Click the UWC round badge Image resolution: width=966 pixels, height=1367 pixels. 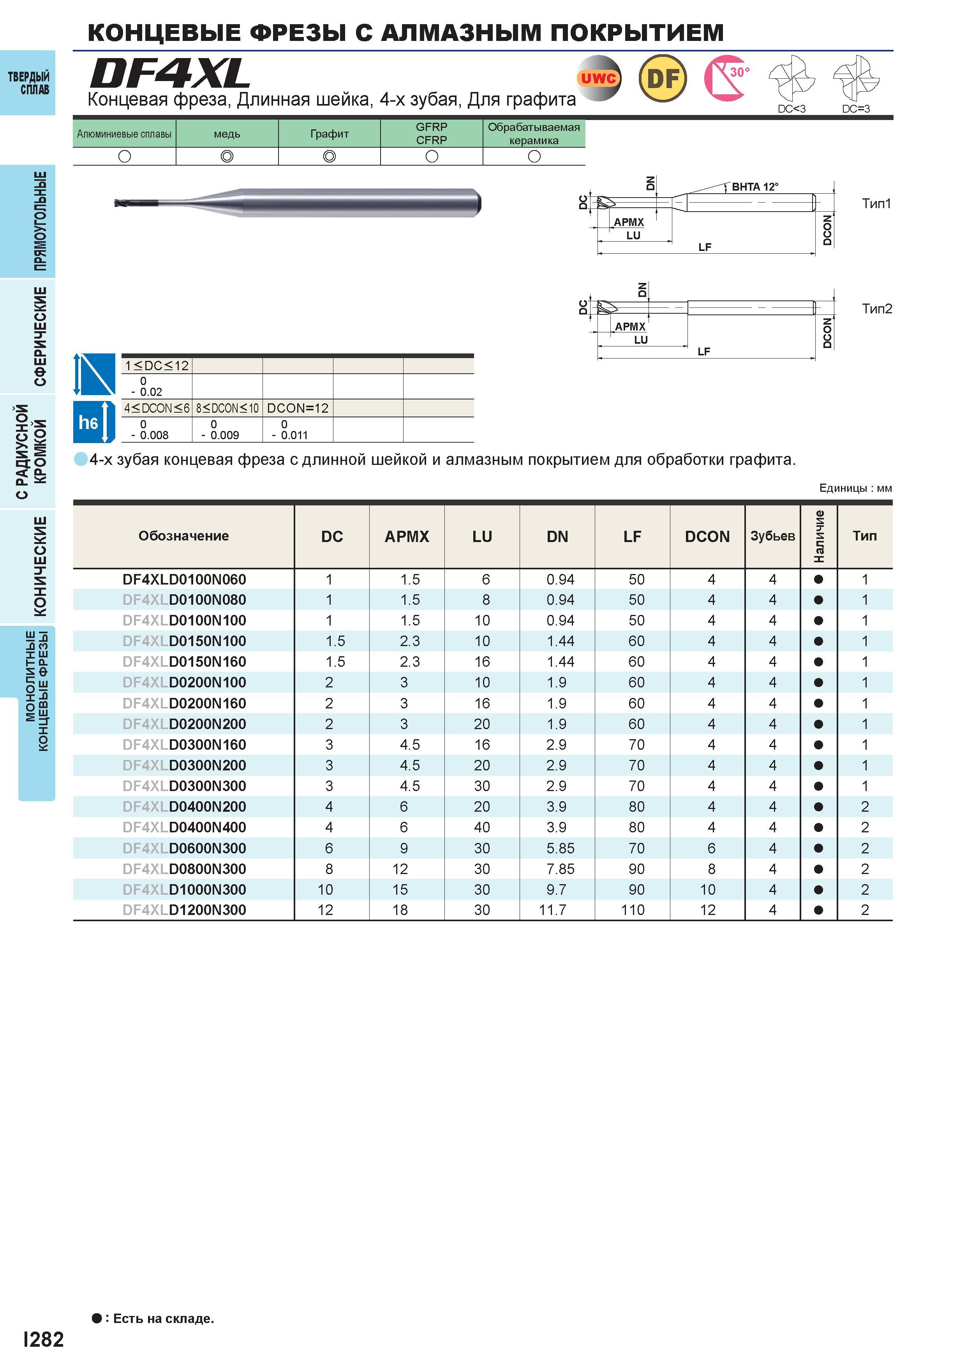point(599,78)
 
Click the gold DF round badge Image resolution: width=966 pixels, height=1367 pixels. point(663,78)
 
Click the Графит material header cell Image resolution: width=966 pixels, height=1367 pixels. point(329,133)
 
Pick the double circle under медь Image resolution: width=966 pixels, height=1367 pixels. point(227,156)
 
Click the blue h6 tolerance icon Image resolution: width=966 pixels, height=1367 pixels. point(94,422)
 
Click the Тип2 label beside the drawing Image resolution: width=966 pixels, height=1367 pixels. point(877,308)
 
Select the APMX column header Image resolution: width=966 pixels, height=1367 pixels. point(407,537)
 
